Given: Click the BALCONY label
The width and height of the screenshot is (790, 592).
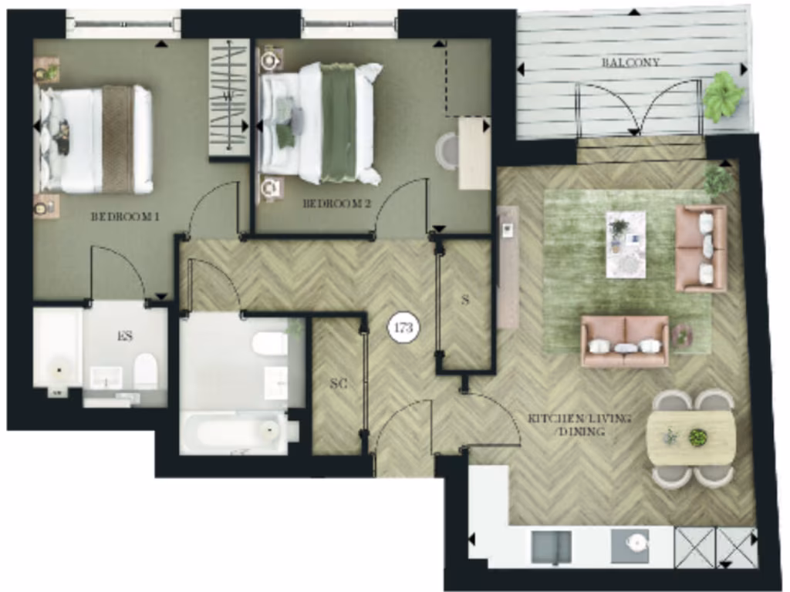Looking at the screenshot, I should point(630,62).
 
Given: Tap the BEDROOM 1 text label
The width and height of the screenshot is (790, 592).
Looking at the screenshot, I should point(125,217).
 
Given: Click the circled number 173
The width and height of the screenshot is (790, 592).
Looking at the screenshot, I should point(403,328).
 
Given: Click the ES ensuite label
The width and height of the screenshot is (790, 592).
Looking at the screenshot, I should point(126,336).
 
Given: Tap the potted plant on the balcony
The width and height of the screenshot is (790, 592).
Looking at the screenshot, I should point(724,96).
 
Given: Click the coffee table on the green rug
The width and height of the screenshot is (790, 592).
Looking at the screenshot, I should point(626,244).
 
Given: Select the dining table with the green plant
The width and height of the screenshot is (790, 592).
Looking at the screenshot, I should point(690,438).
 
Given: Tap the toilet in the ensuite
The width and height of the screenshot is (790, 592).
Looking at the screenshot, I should point(145,371).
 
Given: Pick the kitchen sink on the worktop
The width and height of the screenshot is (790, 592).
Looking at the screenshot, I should point(552,547).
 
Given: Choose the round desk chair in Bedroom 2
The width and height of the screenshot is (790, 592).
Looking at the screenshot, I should point(447,150).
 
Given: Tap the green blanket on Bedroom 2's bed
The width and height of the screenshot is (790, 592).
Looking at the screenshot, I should point(339,123).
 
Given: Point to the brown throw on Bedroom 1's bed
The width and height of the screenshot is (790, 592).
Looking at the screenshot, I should point(117,139).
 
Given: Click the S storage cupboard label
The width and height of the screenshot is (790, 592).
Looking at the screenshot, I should point(465,301).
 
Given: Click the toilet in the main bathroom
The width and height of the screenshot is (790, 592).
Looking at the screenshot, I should point(271,343).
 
